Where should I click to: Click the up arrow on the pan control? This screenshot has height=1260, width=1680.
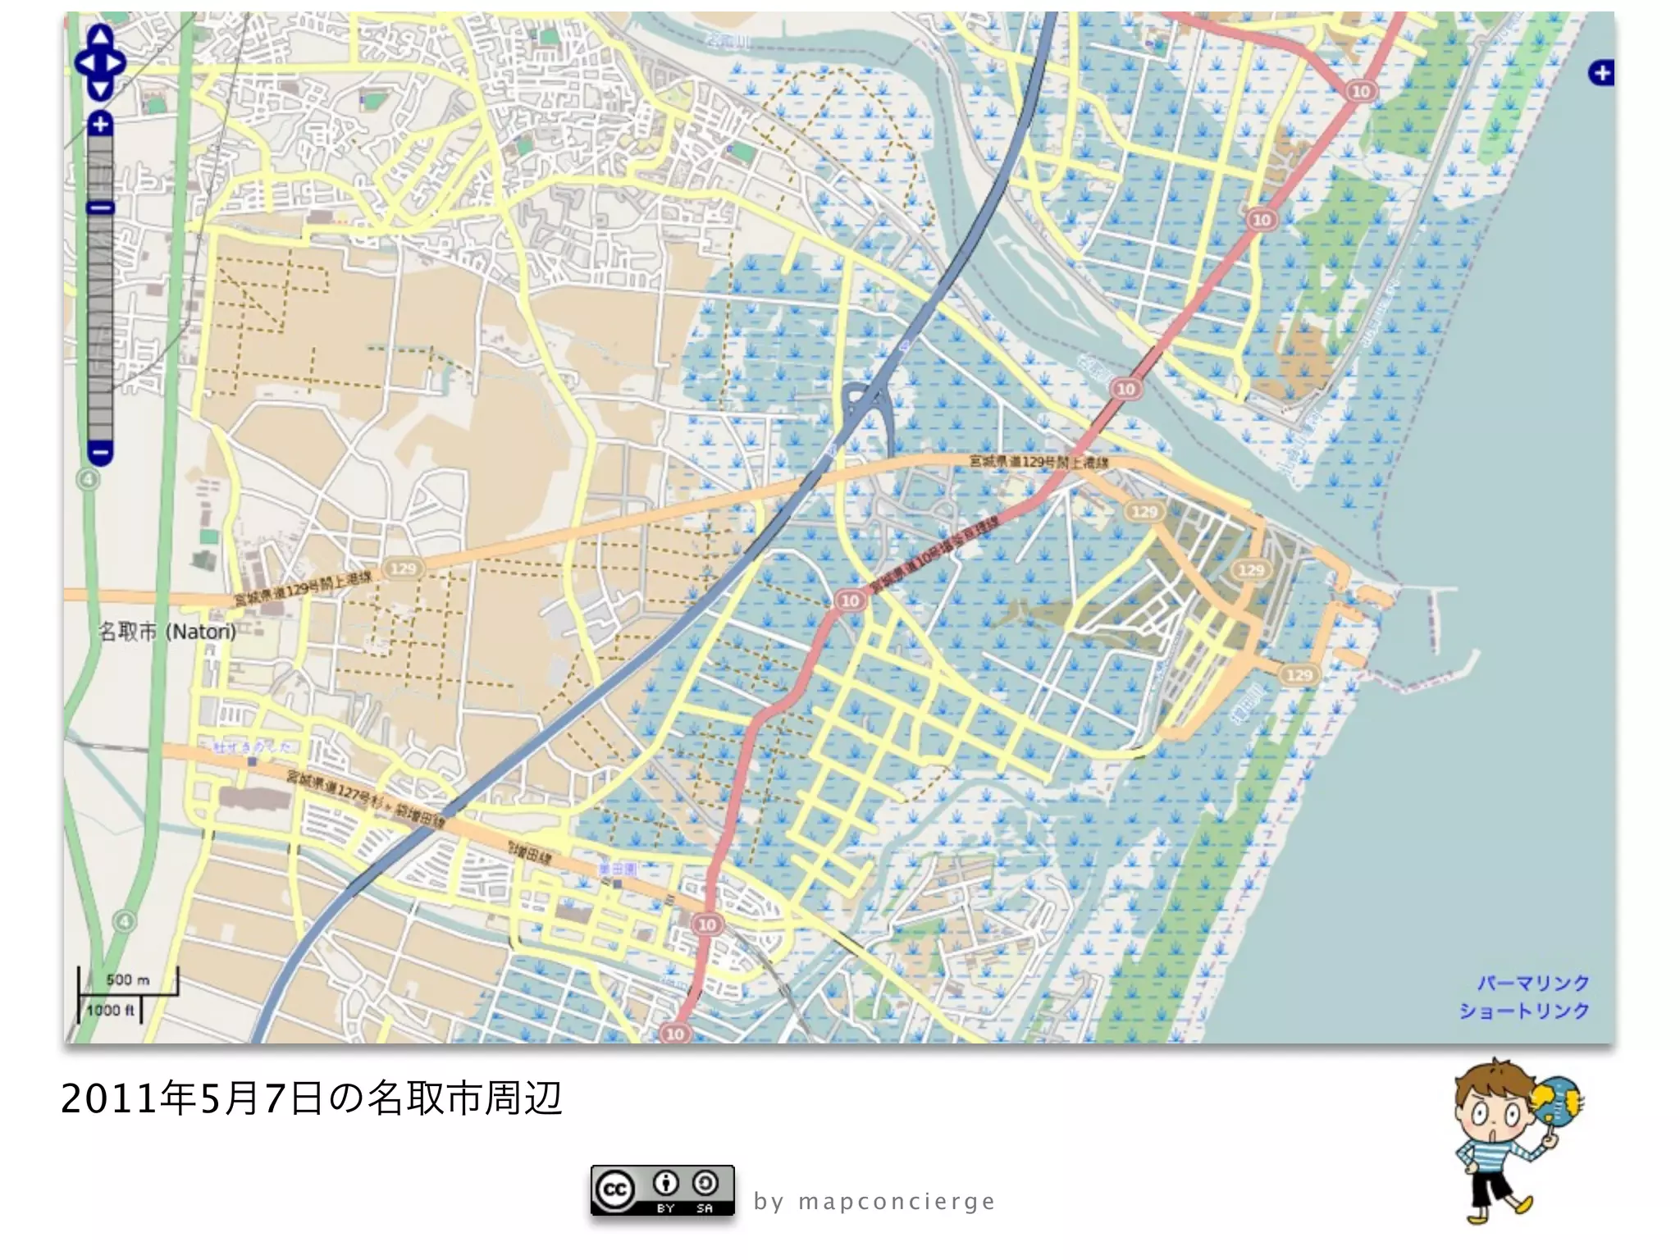(x=100, y=37)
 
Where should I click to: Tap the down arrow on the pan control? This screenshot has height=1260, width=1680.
(x=100, y=89)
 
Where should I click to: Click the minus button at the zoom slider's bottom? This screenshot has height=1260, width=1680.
(x=100, y=451)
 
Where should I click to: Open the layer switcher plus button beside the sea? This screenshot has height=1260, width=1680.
(x=1600, y=73)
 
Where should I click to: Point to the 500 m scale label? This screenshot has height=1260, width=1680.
(x=128, y=979)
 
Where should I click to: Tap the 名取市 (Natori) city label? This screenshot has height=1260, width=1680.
(x=167, y=632)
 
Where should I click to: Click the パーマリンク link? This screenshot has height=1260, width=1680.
(x=1533, y=983)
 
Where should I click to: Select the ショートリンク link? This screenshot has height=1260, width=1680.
(x=1524, y=1011)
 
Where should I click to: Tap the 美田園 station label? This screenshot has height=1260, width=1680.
(x=617, y=869)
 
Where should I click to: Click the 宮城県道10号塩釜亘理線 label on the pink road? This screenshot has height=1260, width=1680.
(x=935, y=554)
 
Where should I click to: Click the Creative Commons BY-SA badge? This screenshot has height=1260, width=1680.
(x=662, y=1190)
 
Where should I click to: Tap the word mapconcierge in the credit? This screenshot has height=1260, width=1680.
(x=897, y=1202)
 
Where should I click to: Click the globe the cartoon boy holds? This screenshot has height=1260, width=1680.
(x=1556, y=1103)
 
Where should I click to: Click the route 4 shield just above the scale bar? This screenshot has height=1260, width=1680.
(x=124, y=921)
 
